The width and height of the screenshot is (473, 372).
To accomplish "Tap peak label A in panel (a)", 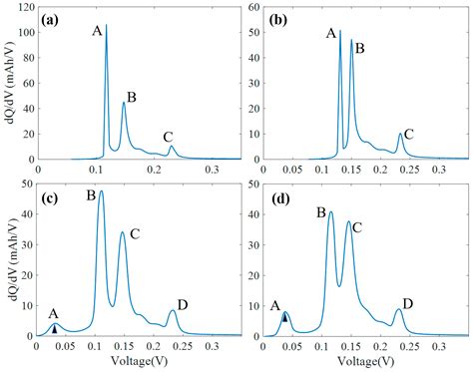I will click(97, 31).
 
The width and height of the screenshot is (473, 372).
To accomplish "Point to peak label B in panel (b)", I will click(360, 48).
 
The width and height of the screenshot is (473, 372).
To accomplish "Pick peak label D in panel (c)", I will click(183, 304).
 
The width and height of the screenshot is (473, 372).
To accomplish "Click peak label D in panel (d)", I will click(407, 303).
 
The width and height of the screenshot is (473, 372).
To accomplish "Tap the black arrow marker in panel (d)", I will click(285, 317).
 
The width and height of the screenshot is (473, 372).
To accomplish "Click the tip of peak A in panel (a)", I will click(107, 26).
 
